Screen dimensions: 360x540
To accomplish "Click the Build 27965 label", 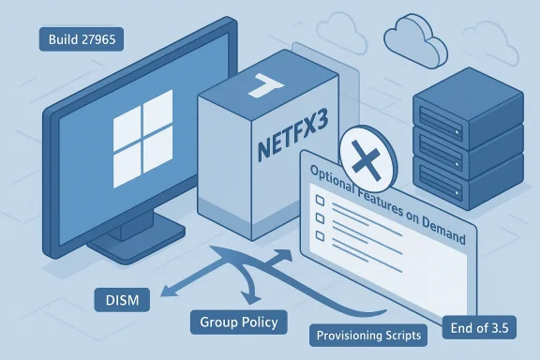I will pyautogui.click(x=80, y=39).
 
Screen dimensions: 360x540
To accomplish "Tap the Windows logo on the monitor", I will pyautogui.click(x=138, y=145).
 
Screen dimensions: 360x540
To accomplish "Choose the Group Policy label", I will pyautogui.click(x=238, y=322).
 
